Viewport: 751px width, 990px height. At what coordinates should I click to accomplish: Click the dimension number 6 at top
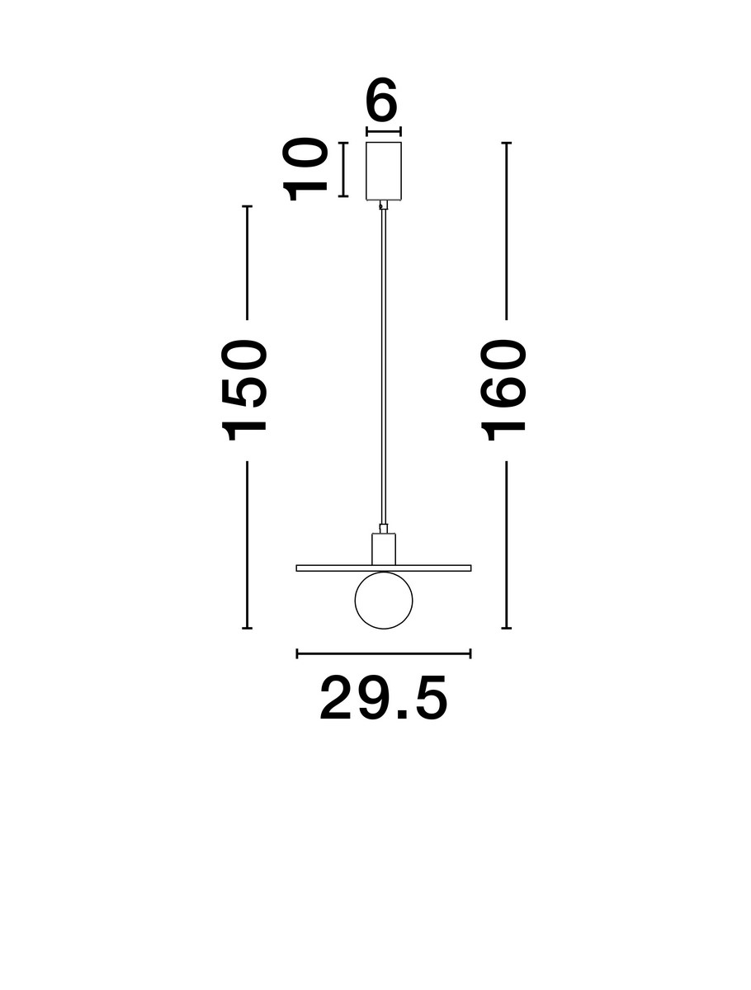[383, 103]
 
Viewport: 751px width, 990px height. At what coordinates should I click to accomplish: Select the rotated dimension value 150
[246, 388]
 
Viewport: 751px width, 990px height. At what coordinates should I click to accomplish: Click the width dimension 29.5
[384, 699]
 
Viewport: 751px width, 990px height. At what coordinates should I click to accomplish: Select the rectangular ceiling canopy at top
[384, 170]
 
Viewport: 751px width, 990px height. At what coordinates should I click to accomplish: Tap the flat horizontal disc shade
[429, 568]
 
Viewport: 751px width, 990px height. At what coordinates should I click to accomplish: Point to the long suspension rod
[383, 363]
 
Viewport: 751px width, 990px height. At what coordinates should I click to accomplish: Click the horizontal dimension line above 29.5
[384, 654]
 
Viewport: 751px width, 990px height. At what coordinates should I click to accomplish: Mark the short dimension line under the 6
[384, 130]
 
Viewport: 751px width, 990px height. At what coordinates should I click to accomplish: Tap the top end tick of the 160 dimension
[507, 144]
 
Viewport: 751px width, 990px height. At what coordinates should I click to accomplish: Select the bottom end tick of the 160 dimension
[507, 628]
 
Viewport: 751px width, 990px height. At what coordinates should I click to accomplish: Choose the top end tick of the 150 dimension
[246, 205]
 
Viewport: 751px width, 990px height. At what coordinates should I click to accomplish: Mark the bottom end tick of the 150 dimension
[246, 628]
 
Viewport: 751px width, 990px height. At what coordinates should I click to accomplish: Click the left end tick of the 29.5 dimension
[297, 654]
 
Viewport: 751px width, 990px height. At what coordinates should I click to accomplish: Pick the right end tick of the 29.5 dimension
[470, 654]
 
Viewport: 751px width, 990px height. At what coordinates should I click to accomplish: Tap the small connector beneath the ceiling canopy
[382, 205]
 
